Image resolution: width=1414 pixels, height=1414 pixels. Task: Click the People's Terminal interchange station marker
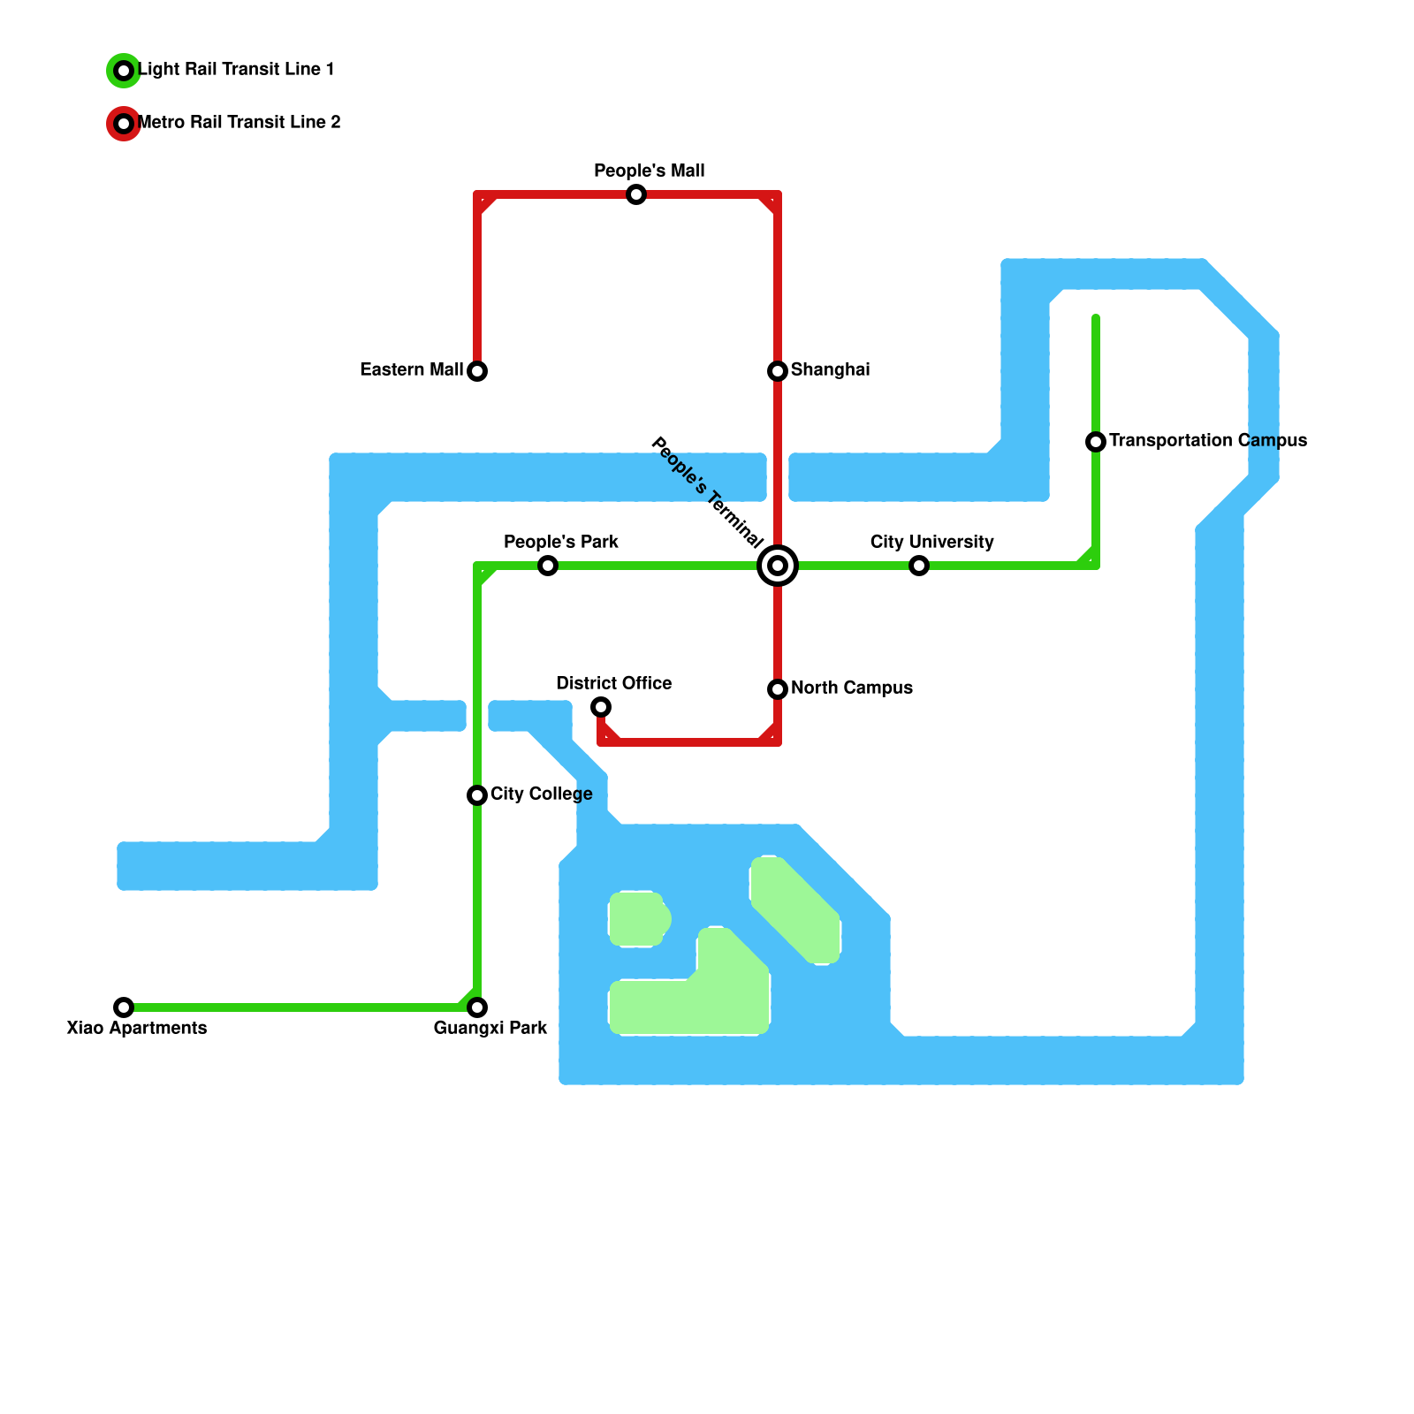tap(778, 566)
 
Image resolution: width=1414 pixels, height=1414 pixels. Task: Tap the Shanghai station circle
tap(778, 371)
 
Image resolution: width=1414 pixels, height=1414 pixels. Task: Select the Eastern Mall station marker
tap(477, 371)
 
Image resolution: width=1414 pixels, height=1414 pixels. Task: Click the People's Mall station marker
tap(636, 194)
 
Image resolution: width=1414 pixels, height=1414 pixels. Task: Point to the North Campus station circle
tap(778, 689)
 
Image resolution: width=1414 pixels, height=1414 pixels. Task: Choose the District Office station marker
tap(601, 707)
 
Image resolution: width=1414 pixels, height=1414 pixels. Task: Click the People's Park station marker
tap(548, 566)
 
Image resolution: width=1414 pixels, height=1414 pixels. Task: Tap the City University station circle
tap(919, 566)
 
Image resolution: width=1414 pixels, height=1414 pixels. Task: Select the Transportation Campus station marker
tap(1096, 441)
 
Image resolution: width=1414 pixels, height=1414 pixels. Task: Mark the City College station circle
tap(477, 795)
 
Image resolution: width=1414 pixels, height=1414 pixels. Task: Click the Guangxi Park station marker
tap(477, 1007)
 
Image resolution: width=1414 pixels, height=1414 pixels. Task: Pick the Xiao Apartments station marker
tap(124, 1007)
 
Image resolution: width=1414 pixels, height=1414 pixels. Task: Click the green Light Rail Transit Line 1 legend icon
tap(124, 71)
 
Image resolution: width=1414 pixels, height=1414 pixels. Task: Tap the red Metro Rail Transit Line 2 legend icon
tap(124, 124)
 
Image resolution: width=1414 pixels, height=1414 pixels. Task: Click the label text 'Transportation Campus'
tap(1207, 440)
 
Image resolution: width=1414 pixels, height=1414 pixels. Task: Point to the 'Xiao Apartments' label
tap(137, 1028)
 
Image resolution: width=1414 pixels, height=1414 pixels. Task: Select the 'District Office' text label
tap(614, 683)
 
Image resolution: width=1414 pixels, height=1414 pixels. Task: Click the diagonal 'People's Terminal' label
tap(707, 492)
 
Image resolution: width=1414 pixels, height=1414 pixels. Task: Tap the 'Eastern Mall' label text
tap(412, 369)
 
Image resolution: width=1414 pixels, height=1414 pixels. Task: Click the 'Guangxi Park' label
tap(490, 1028)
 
